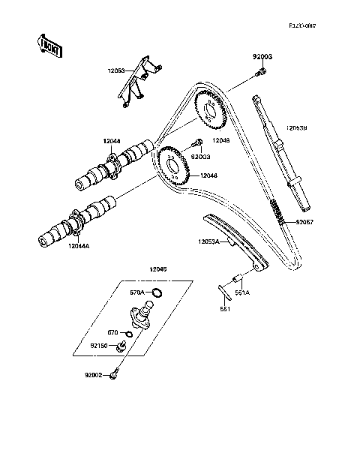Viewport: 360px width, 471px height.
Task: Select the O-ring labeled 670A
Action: (x=157, y=292)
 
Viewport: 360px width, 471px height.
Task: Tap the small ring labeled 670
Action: (x=129, y=332)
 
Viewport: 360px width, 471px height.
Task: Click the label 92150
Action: (x=100, y=346)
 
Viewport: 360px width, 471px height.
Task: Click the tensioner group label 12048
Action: (x=158, y=268)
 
